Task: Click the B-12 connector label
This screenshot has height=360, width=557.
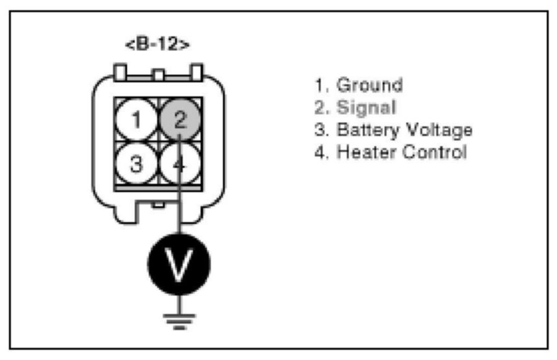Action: (156, 45)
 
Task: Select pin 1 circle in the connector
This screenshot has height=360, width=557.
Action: (135, 119)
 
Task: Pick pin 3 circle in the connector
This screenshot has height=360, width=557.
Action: (135, 164)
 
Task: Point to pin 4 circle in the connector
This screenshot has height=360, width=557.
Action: (181, 164)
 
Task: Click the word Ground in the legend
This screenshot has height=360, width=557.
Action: (369, 86)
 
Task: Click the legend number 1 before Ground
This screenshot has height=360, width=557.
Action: (320, 86)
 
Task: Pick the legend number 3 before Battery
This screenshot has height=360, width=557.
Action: (320, 130)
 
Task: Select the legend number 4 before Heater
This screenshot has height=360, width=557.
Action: (320, 153)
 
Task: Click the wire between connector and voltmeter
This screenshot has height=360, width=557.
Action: (179, 217)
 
